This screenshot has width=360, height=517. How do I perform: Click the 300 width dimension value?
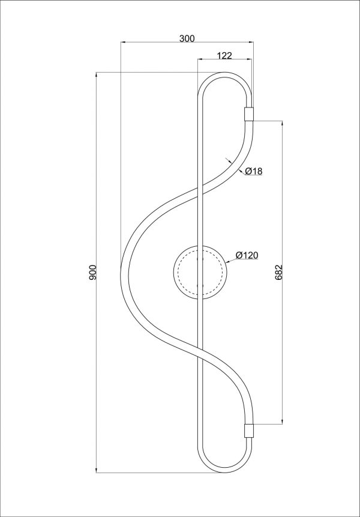[187, 38]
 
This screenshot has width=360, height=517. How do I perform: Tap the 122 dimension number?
[224, 55]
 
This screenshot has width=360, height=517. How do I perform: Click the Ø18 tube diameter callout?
[254, 171]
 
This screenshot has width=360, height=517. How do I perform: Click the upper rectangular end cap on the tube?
[248, 114]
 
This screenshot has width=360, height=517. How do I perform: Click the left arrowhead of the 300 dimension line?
[123, 42]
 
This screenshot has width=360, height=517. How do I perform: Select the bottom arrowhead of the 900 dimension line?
[97, 469]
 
